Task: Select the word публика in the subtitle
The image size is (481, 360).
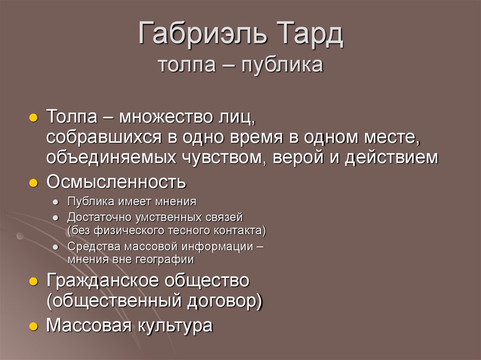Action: point(282,65)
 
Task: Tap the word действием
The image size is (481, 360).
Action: point(391,158)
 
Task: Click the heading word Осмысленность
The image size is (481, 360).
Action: point(116,182)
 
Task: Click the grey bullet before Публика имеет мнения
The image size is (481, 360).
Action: point(56,203)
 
